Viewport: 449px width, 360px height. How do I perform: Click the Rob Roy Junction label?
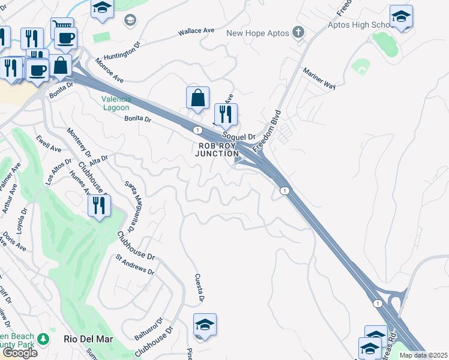[x=217, y=149]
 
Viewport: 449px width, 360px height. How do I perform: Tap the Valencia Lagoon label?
[x=115, y=104]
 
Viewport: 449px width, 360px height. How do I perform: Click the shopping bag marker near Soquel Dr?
[x=198, y=98]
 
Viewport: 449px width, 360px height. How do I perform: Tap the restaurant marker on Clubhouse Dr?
[x=99, y=206]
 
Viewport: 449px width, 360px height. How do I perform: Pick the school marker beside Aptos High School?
[x=401, y=17]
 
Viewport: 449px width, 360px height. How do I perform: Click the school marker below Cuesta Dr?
[x=205, y=325]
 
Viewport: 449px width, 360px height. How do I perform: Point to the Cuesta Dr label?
[x=200, y=288]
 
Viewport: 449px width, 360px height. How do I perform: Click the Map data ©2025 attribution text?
[x=424, y=355]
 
